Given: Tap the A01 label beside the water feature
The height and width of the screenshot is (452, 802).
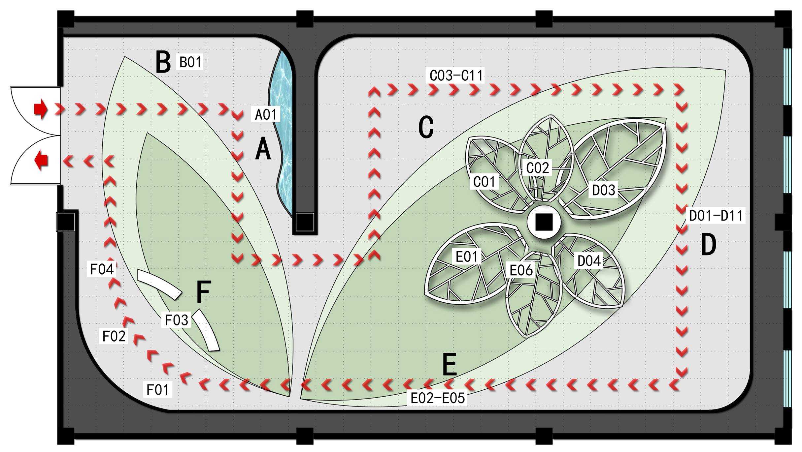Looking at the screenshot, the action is [x=266, y=114].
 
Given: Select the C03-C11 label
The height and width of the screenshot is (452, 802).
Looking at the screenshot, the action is [x=456, y=75].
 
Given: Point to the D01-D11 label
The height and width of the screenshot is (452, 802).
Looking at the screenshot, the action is [x=716, y=216].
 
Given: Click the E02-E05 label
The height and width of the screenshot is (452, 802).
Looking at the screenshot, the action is [x=438, y=398].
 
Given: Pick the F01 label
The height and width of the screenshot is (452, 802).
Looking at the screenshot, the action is [x=158, y=390].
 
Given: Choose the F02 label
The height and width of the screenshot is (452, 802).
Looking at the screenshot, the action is [x=114, y=336].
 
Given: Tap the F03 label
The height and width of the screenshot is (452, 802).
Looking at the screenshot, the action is [x=176, y=320].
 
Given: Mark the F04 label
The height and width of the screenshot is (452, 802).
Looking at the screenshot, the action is [x=102, y=269].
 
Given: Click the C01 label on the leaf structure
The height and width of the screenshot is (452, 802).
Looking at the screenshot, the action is [x=485, y=181].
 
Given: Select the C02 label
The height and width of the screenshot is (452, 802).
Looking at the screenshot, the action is [x=537, y=168].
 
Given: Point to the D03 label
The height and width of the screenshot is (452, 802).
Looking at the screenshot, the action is [x=604, y=190].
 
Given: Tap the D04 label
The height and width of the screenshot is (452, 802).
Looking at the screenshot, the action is [x=589, y=261].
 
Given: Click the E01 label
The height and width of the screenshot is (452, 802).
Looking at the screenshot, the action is [x=467, y=256].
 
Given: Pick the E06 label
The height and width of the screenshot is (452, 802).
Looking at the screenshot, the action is [x=521, y=270].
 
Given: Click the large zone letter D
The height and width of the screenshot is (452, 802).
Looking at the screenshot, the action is [x=709, y=244].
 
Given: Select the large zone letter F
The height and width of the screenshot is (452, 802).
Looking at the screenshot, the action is [x=203, y=292].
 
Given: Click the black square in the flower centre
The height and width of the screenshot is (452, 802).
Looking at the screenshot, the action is [x=544, y=222].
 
